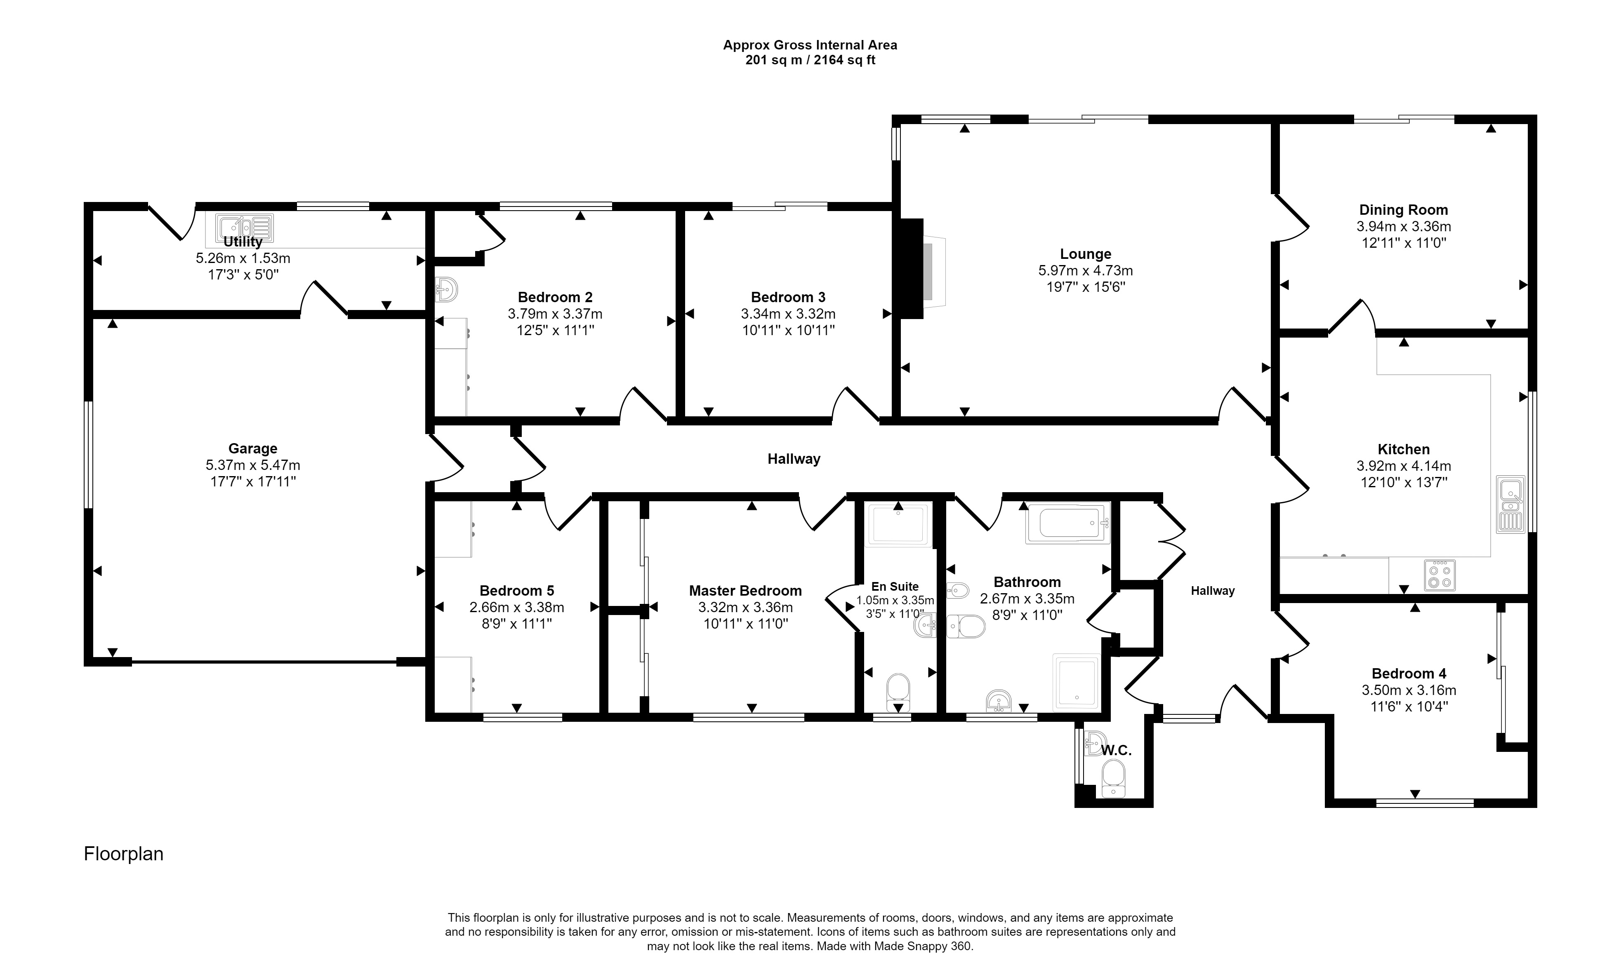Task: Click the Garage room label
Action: (252, 448)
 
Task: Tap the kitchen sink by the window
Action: (1511, 504)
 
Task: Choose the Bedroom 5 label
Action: (516, 591)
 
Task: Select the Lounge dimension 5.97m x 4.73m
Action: (1085, 270)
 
